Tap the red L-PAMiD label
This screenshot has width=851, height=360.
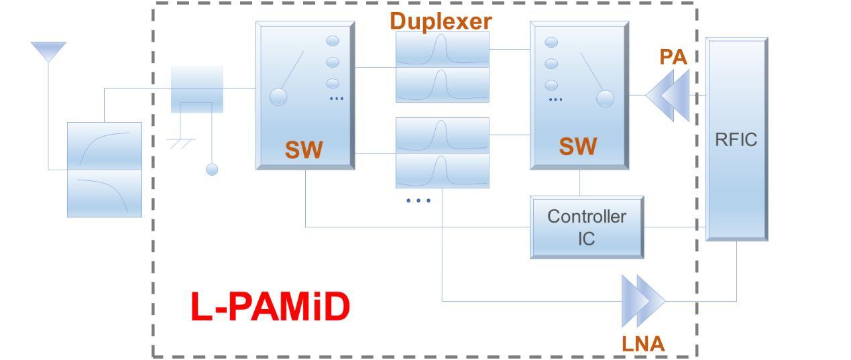tap(270, 307)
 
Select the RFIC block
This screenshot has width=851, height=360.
tap(736, 139)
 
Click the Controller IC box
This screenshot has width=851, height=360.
tap(587, 227)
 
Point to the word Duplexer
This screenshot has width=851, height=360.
tap(441, 21)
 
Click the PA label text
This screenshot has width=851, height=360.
tap(673, 57)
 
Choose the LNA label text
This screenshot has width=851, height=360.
tap(643, 343)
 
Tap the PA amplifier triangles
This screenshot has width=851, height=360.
tap(668, 96)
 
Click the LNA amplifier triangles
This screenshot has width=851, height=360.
tap(643, 300)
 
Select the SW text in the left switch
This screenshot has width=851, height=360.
tap(304, 149)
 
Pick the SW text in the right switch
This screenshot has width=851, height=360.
tap(577, 146)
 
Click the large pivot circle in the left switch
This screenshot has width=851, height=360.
tap(278, 97)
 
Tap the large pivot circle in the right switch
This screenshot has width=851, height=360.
tap(605, 99)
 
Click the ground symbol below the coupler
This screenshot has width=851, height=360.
tap(181, 142)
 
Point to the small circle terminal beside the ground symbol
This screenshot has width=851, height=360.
tap(212, 170)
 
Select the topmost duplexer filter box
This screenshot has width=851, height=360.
tap(442, 49)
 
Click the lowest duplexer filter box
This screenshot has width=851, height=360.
tap(442, 171)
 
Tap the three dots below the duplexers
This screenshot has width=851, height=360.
tap(418, 200)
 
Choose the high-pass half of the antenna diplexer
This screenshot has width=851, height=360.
tap(105, 146)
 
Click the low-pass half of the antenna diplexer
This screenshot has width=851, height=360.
tap(105, 194)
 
